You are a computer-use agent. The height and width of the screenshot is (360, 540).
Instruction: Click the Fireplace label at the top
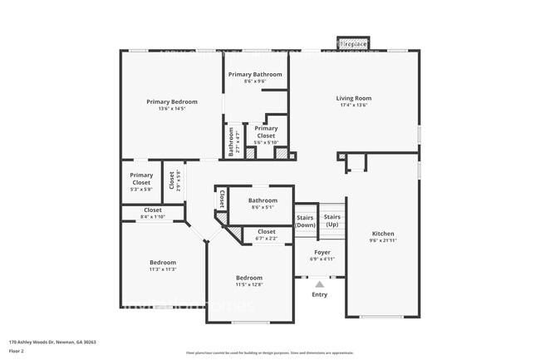coord(353,43)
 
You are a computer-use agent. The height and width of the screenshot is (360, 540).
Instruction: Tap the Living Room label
coord(353,98)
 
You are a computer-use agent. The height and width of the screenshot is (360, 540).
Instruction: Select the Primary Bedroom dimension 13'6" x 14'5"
coord(172,108)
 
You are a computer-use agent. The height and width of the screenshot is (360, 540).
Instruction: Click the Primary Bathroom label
coord(256,74)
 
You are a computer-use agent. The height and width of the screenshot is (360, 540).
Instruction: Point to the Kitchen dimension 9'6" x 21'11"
coord(382,240)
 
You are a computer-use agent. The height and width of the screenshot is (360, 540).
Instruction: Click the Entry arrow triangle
coord(319,284)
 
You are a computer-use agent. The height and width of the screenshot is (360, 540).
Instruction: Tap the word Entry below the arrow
coord(319,294)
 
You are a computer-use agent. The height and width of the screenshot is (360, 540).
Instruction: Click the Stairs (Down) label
coord(306,221)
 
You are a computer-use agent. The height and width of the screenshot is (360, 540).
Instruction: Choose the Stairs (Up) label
coord(332,221)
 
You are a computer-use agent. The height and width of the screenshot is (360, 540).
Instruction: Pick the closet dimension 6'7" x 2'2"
coord(266,239)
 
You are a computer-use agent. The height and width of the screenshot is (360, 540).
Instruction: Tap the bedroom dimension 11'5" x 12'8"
coord(248,284)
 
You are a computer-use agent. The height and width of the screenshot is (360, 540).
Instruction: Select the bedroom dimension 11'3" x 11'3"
coord(162,269)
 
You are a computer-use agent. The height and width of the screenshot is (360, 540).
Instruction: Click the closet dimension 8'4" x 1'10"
coord(153,217)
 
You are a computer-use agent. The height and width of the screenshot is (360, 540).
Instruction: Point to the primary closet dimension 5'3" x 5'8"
coord(141,189)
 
